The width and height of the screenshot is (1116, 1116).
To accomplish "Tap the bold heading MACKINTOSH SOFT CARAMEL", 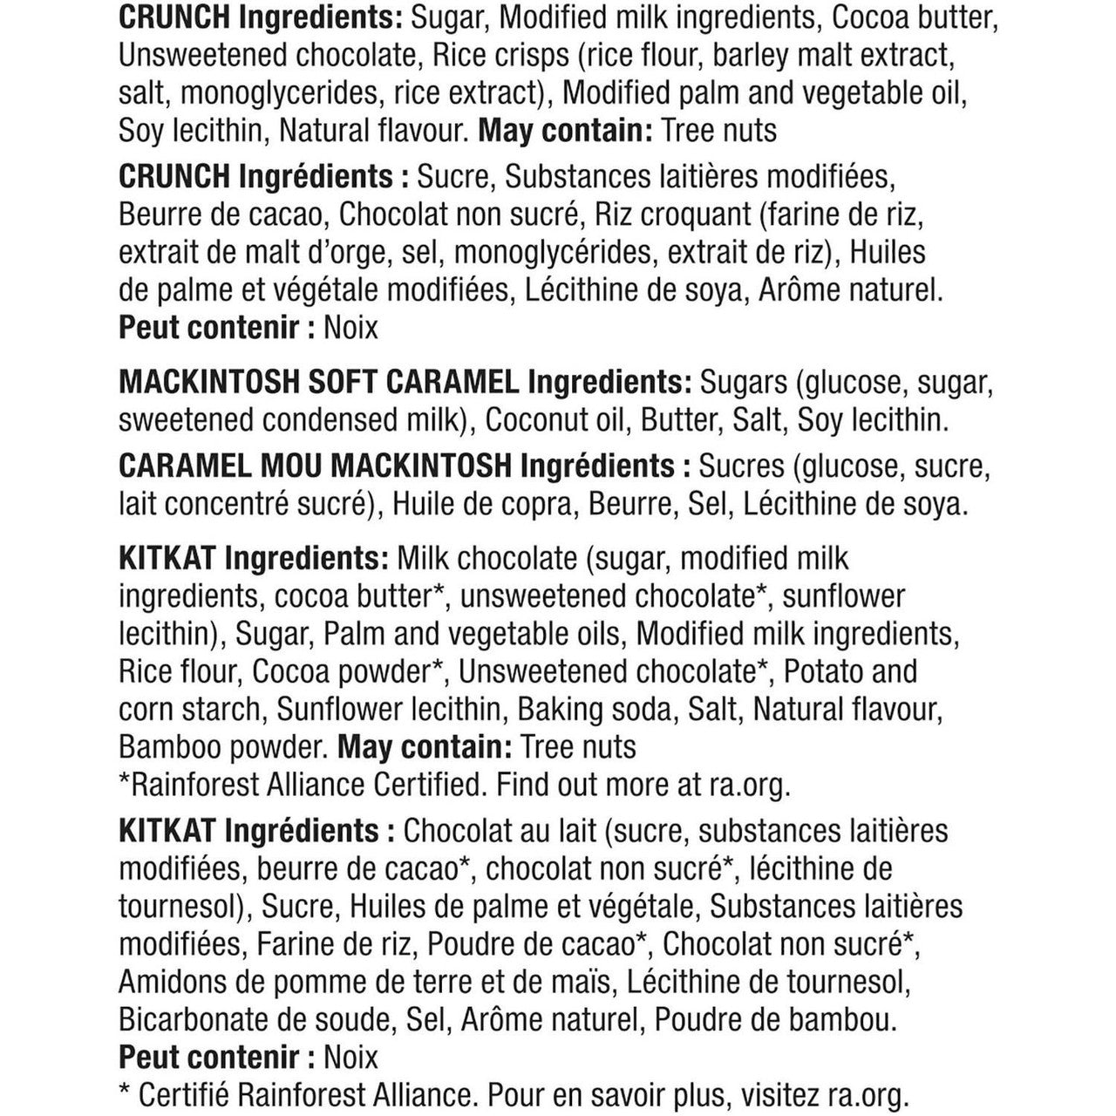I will coord(319,382).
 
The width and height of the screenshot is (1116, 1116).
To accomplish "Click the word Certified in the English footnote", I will coord(428,785).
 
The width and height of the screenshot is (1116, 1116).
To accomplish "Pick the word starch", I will coord(225,709).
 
